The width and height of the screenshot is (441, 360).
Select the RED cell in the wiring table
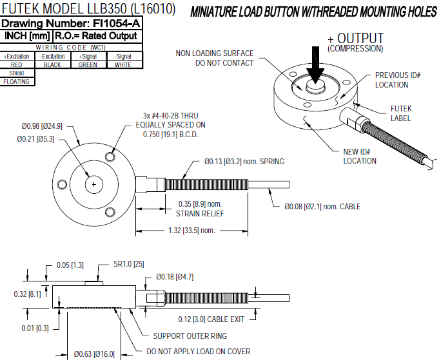17,64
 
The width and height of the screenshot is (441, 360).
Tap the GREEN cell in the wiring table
87,64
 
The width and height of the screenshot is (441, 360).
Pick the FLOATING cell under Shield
17,82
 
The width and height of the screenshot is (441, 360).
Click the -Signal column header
122,57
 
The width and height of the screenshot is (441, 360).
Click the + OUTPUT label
355,39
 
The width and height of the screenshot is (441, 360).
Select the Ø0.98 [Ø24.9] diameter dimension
41,126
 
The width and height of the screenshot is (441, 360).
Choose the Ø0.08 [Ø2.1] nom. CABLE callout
322,207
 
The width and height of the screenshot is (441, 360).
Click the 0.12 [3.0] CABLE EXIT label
213,319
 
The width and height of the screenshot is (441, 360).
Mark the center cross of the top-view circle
95,185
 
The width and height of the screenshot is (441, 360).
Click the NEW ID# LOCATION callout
360,156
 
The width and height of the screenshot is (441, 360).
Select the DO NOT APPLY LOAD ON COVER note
199,352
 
